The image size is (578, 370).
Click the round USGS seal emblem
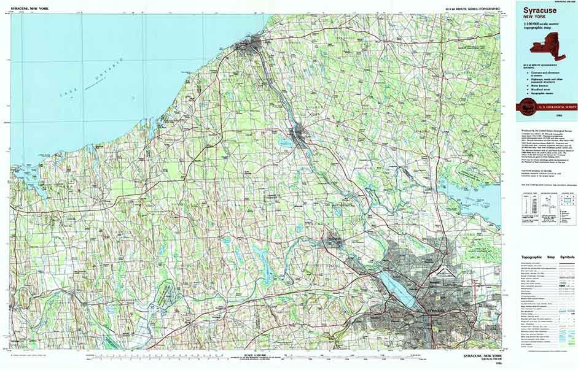pos(526,106)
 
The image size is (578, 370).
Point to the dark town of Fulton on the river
pos(299,131)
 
